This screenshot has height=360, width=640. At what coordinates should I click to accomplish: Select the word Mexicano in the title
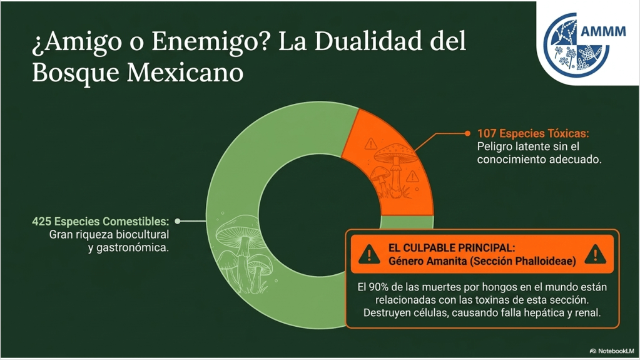pos(185,73)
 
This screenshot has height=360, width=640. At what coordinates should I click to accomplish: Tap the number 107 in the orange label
pos(487,133)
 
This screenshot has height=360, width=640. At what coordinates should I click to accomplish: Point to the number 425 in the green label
pos(42,222)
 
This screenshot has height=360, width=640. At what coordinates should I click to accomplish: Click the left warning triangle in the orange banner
pos(369,254)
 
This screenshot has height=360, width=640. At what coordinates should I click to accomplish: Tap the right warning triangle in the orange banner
pos(596,254)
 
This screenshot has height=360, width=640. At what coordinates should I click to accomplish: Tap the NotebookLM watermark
pos(612,351)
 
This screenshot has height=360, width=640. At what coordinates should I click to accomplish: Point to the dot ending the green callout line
pos(178,222)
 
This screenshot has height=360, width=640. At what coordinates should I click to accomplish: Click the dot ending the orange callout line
pos(468,133)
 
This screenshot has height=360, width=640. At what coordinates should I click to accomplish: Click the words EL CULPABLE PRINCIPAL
pos(452,248)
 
